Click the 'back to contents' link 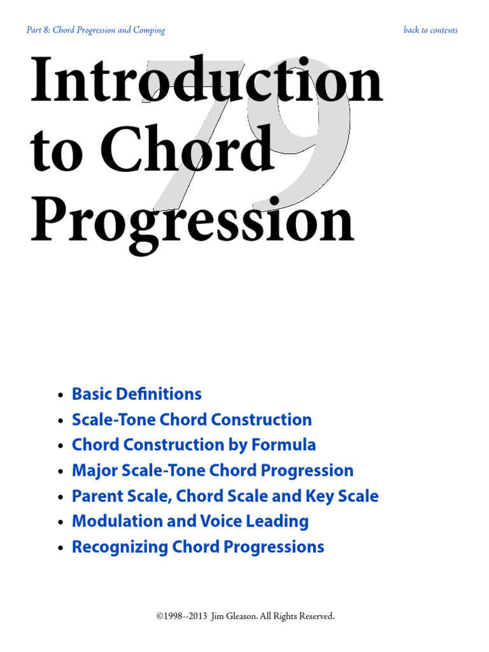[430, 30]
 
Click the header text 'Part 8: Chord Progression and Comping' [96, 30]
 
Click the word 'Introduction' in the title [206, 83]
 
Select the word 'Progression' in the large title [192, 221]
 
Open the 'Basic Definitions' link [137, 394]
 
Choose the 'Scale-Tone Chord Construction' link [192, 420]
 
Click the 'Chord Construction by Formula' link [194, 445]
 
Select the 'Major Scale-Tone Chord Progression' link [213, 471]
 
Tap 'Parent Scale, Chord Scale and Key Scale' [225, 496]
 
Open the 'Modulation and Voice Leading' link [190, 521]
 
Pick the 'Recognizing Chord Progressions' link [198, 547]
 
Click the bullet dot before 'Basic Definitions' [60, 395]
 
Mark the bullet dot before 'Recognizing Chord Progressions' [60, 548]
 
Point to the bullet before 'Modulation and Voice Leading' [60, 523]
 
